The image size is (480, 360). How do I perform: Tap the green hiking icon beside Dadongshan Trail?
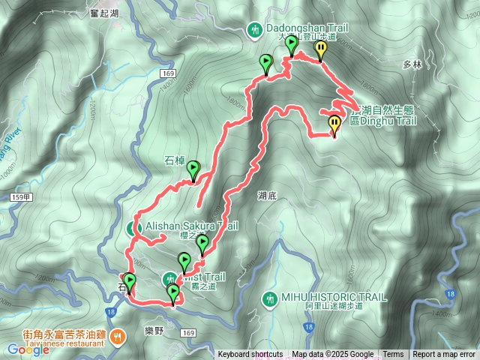click(x=255, y=29)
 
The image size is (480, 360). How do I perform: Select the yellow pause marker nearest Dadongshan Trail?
click(x=320, y=49)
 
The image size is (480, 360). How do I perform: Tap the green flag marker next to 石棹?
click(x=194, y=170)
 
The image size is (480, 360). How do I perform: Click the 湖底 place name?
click(x=267, y=196)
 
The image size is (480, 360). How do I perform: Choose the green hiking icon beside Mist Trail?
click(x=169, y=279)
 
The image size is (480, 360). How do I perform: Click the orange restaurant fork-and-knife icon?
click(x=118, y=337)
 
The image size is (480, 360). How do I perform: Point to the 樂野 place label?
click(x=154, y=330)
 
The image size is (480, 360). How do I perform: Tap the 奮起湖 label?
click(x=104, y=13)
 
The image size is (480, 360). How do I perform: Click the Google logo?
click(x=28, y=349)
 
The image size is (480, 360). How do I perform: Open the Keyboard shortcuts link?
click(x=250, y=355)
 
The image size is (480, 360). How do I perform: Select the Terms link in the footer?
click(x=393, y=355)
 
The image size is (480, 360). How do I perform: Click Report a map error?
click(x=445, y=355)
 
